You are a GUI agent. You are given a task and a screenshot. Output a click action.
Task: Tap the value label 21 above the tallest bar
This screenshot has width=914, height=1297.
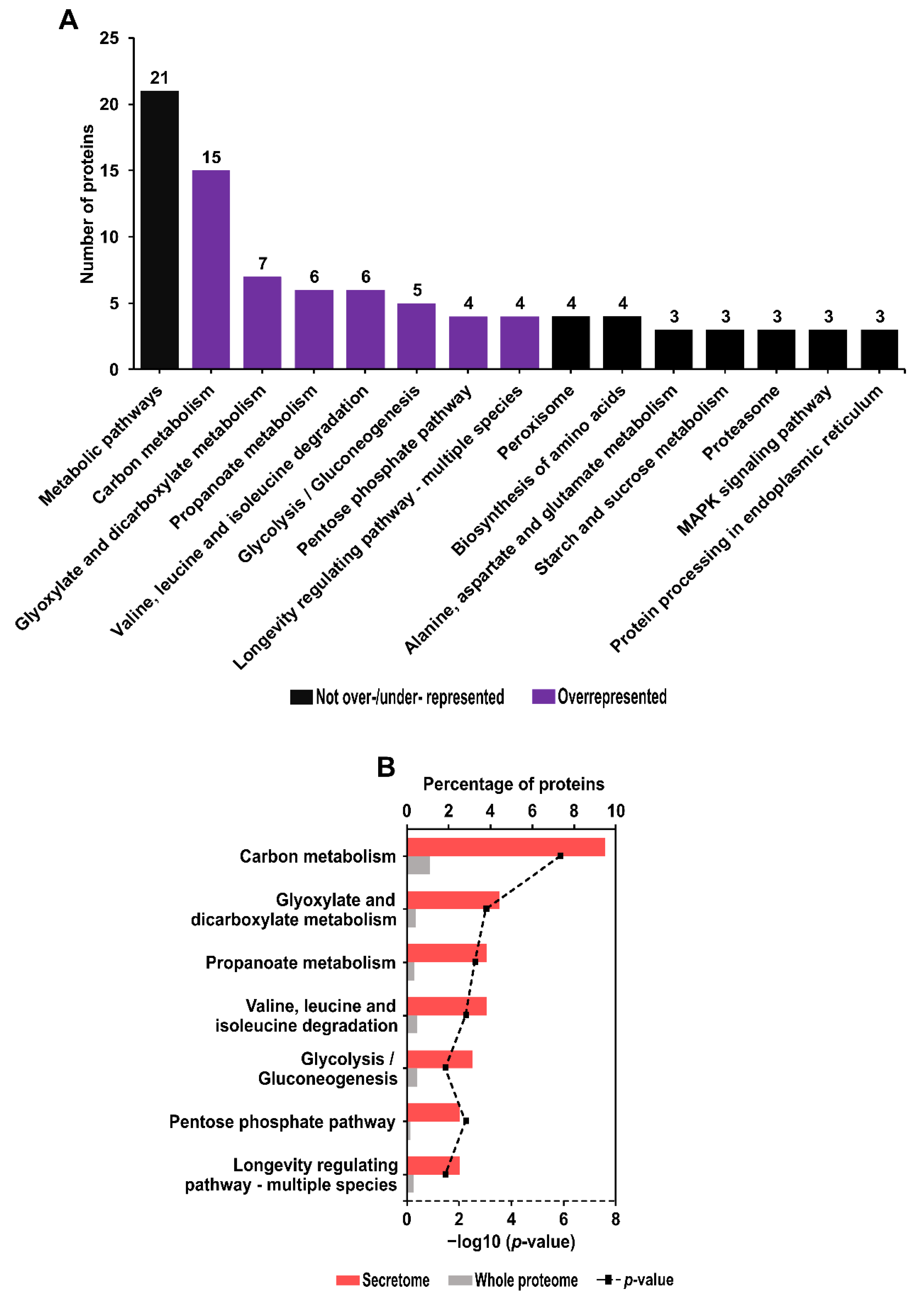(x=160, y=78)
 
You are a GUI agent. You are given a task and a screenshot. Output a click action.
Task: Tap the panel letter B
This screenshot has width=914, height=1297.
(x=386, y=767)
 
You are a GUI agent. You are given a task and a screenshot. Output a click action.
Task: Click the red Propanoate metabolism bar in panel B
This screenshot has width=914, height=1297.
(x=447, y=953)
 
